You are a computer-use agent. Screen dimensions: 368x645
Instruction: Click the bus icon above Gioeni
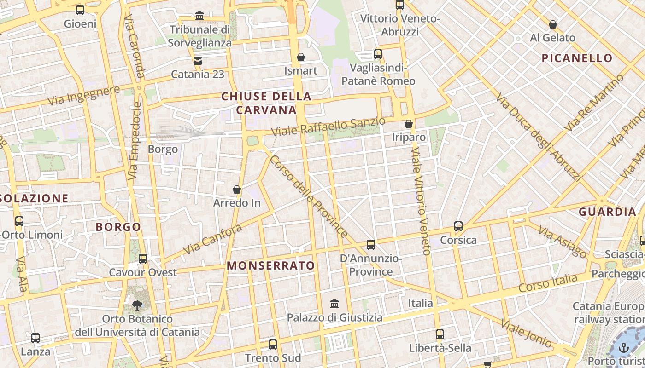point(80,10)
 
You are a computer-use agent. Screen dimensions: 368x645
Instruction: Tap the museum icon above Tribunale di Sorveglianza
point(199,16)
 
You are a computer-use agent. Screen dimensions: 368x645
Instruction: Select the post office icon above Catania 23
point(198,61)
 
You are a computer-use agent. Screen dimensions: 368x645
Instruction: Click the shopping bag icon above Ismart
point(301,57)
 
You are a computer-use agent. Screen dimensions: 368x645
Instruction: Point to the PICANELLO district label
point(577,58)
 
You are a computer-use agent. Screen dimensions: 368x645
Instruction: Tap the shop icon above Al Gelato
point(553,24)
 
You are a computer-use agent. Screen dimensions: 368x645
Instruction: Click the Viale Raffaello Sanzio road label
point(328,126)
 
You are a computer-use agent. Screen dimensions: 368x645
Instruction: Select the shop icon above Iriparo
point(409,124)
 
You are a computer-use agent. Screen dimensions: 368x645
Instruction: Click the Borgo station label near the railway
point(163,149)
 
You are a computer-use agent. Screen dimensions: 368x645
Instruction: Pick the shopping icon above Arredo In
point(237,190)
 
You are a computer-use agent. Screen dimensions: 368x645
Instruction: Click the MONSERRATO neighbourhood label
point(271,266)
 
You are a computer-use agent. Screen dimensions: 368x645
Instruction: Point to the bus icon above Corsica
point(458,226)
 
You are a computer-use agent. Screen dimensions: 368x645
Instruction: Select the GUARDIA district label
point(607,212)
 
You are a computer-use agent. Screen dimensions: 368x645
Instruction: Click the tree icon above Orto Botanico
point(137,305)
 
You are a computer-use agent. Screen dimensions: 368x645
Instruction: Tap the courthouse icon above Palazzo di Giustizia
point(335,304)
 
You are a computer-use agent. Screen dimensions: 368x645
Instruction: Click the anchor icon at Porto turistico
point(624,347)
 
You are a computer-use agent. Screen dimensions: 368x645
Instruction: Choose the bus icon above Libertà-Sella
point(440,334)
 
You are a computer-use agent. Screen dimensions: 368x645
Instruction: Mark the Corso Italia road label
point(548,283)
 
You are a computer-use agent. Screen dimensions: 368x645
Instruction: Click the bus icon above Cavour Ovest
point(143,259)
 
